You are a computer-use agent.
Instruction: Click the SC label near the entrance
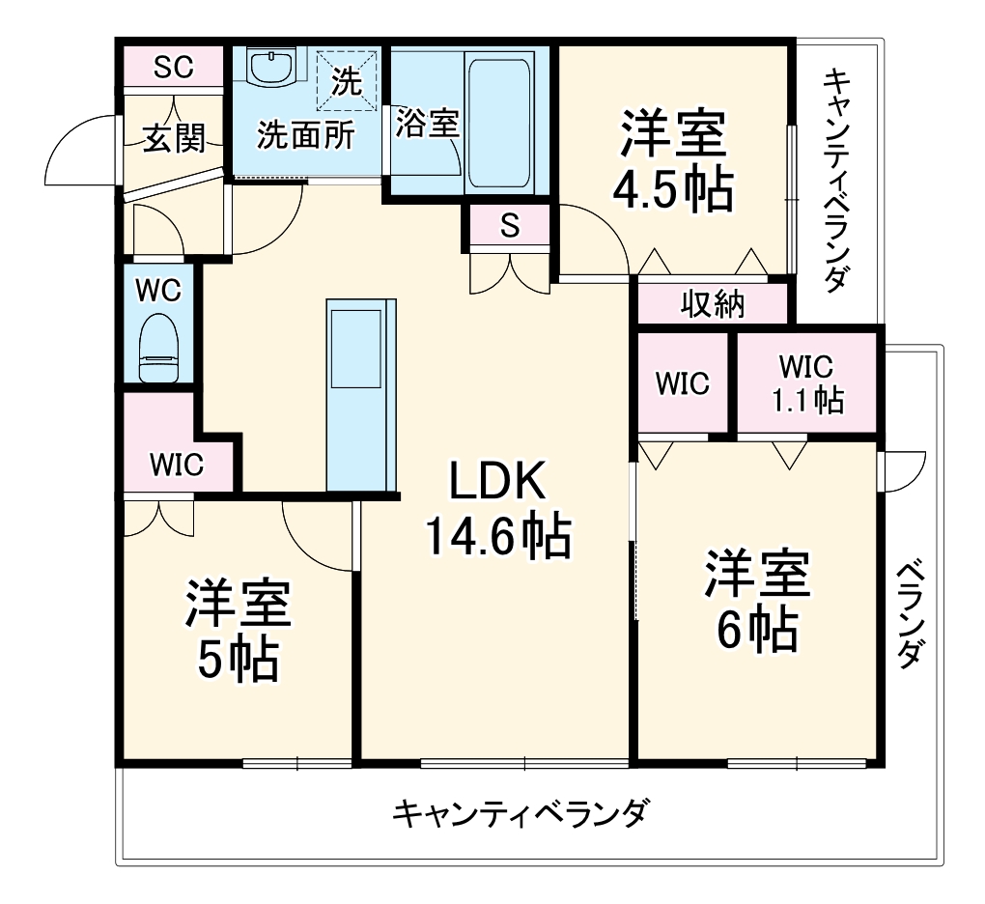(174, 68)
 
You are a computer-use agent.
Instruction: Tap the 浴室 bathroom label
(426, 123)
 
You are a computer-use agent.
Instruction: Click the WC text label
(158, 289)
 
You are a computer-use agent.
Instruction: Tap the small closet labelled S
(510, 226)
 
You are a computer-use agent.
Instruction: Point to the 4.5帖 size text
(673, 191)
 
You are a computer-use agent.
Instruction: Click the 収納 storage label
(714, 305)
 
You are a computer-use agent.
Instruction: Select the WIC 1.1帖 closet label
(808, 383)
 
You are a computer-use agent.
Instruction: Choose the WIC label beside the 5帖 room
(177, 465)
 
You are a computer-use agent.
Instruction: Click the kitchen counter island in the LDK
(361, 395)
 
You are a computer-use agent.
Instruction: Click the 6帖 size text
(756, 632)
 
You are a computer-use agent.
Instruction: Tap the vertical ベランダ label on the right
(911, 614)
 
